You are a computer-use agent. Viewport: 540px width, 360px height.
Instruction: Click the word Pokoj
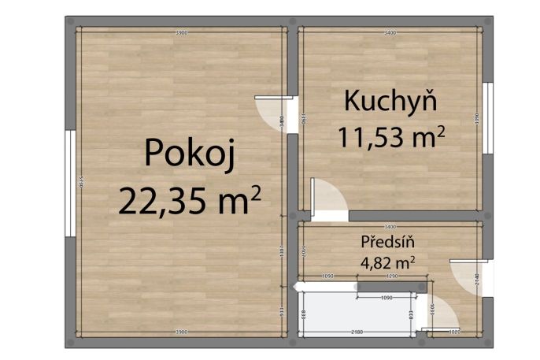190,153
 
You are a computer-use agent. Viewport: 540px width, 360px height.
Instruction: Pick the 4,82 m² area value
387,261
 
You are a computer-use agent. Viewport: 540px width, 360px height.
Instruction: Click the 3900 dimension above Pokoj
181,33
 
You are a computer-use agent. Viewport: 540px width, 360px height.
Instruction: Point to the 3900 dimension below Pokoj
181,331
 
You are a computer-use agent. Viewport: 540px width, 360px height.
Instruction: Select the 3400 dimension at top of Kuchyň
389,33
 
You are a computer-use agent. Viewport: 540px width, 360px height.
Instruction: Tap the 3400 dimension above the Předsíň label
389,227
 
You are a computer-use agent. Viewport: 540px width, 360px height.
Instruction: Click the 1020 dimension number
455,332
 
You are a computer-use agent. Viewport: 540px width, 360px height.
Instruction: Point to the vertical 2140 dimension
477,277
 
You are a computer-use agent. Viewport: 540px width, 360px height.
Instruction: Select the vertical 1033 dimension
431,304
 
